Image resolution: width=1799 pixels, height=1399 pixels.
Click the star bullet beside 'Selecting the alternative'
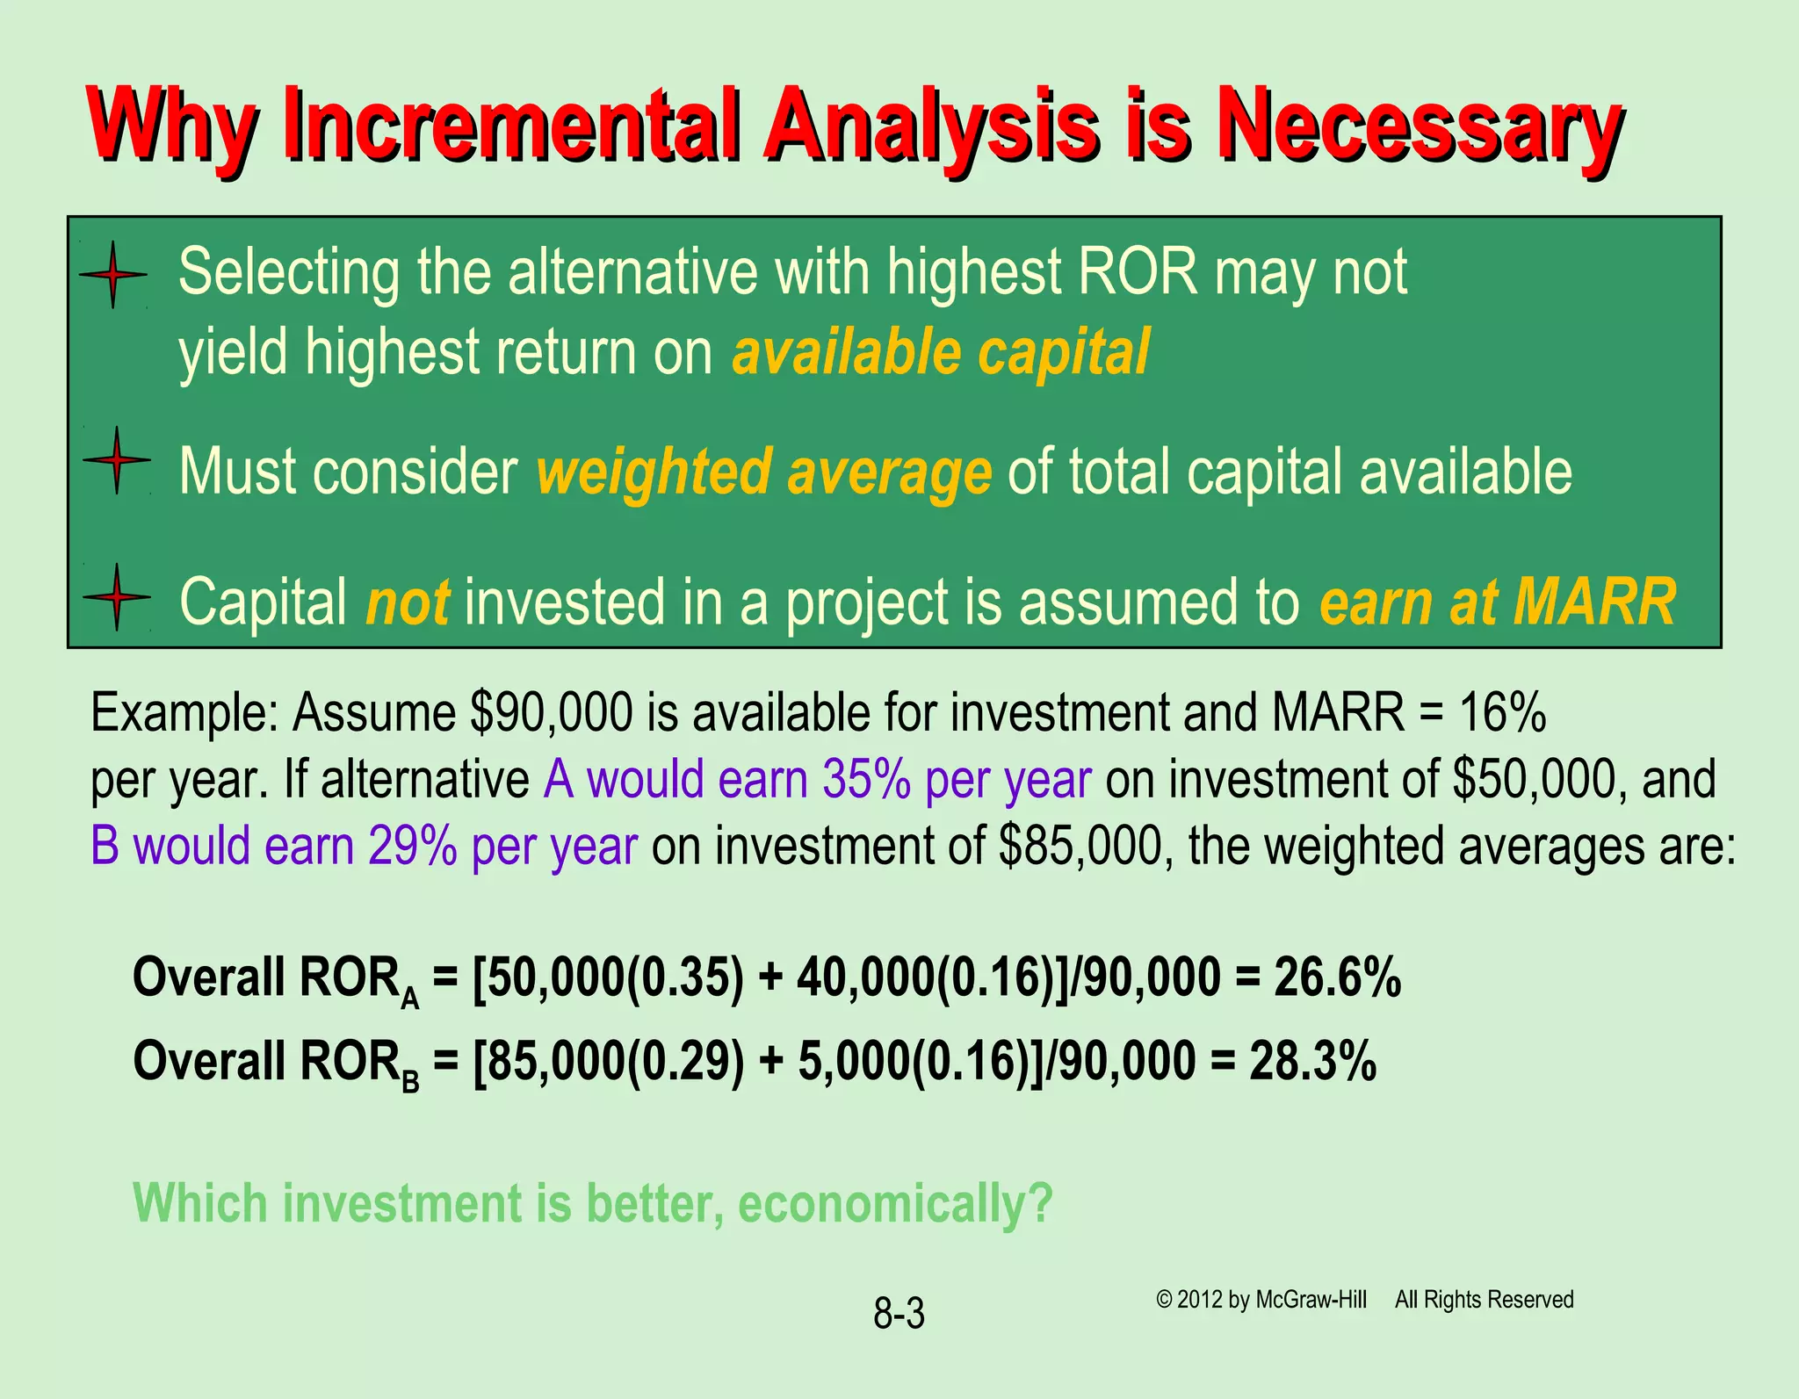pyautogui.click(x=113, y=275)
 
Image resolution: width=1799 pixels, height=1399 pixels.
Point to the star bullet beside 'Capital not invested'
pyautogui.click(x=116, y=597)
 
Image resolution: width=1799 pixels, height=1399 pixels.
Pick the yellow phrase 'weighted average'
pyautogui.click(x=763, y=472)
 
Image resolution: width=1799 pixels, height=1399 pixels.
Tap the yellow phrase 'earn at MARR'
pyautogui.click(x=1497, y=602)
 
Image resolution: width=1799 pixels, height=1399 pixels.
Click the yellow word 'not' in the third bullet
pyautogui.click(x=408, y=602)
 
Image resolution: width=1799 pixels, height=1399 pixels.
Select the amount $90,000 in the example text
pyautogui.click(x=551, y=712)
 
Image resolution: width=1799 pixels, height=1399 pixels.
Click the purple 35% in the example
pyautogui.click(x=865, y=779)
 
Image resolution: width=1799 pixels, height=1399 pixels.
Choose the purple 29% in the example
pyautogui.click(x=412, y=846)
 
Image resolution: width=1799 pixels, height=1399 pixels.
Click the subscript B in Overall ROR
pyautogui.click(x=410, y=1082)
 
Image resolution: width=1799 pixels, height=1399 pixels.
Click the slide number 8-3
pyautogui.click(x=899, y=1315)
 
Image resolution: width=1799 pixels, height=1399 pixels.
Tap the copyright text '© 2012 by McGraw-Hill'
pyautogui.click(x=1261, y=1299)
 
